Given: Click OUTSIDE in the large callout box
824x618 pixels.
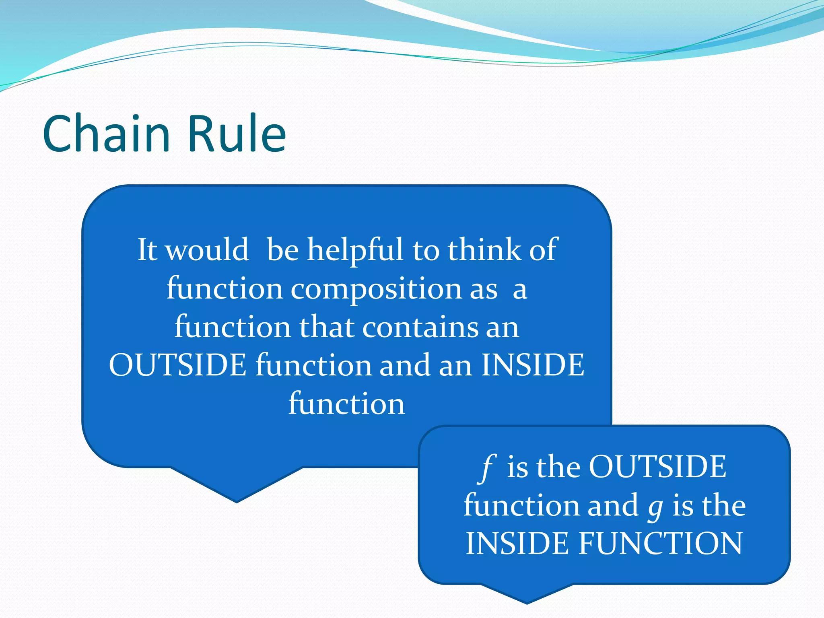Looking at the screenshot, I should click(x=177, y=365).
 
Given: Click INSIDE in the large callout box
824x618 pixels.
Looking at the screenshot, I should click(x=532, y=365).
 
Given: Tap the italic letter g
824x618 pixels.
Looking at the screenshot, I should click(x=655, y=507).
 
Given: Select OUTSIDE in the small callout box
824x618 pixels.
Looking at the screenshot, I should click(x=657, y=467).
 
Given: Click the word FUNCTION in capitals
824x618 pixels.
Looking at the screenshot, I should click(x=660, y=543).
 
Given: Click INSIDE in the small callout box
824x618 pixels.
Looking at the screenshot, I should click(x=517, y=543).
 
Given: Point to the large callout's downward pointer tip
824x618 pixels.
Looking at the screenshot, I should click(x=237, y=501).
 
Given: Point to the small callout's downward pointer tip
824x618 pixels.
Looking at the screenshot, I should click(x=527, y=603).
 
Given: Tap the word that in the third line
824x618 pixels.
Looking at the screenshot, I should click(x=327, y=327).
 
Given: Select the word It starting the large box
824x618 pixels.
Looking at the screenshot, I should click(x=147, y=249).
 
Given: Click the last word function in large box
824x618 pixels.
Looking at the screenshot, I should click(x=346, y=404).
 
